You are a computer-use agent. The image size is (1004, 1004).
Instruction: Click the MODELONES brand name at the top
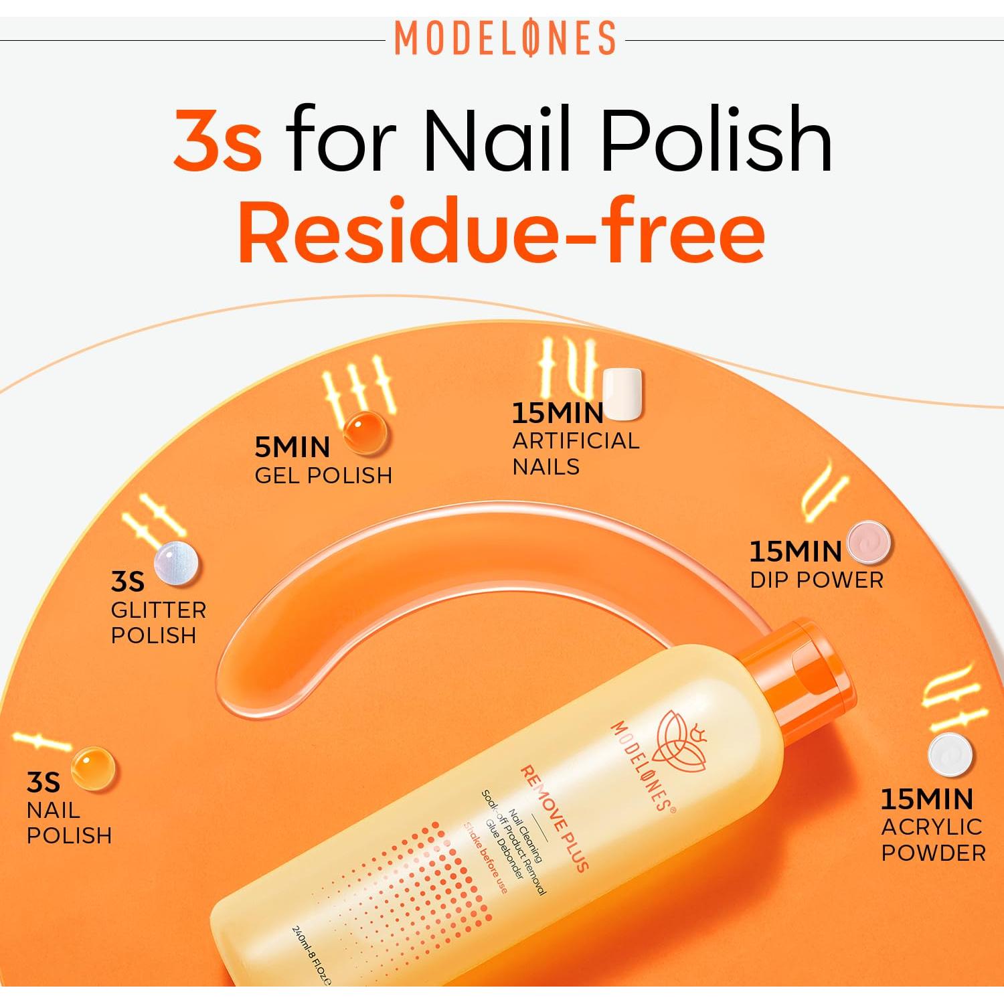505,38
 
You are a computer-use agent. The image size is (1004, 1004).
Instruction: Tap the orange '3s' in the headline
218,140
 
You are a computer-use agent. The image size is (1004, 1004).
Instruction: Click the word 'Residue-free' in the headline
501,231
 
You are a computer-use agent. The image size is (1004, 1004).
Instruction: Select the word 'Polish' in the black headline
717,140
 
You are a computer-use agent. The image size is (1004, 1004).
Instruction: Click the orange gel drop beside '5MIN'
365,432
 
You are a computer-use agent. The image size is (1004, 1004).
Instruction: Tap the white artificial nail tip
622,394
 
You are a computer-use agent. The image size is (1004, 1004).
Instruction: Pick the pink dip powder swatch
869,542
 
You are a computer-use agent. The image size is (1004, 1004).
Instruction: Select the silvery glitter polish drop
176,563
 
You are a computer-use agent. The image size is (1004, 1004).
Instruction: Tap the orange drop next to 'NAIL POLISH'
92,768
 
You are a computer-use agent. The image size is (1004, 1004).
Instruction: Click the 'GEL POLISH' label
323,475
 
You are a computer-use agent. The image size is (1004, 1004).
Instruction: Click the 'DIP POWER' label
816,580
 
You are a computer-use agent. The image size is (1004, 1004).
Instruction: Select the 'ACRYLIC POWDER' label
932,839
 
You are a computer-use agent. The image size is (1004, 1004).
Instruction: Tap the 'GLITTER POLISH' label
158,622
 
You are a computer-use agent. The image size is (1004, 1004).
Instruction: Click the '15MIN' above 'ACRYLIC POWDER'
926,799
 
